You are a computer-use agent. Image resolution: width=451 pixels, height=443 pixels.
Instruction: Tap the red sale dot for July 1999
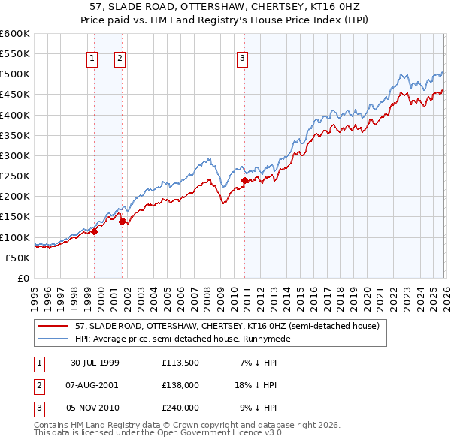(95, 232)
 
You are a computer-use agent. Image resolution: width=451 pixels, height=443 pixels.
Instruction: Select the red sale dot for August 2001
(122, 221)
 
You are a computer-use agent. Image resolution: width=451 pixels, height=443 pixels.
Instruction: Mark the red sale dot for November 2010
(245, 180)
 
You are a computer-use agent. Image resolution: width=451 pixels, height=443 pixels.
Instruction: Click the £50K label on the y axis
(17, 258)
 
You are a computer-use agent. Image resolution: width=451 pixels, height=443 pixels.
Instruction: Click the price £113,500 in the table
(180, 363)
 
